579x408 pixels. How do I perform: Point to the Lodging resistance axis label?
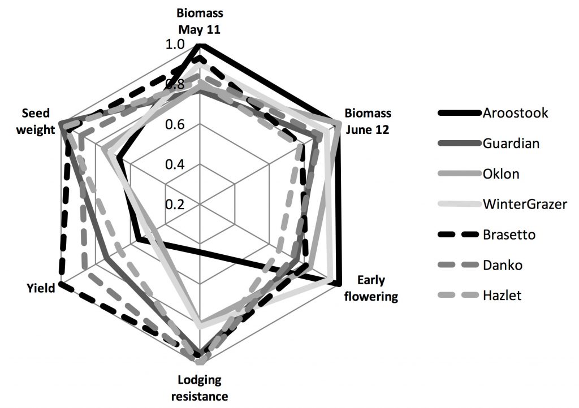pyautogui.click(x=202, y=387)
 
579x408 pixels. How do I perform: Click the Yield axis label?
pyautogui.click(x=41, y=288)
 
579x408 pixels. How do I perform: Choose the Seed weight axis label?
pyautogui.click(x=38, y=122)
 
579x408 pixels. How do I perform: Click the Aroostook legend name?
pyautogui.click(x=515, y=112)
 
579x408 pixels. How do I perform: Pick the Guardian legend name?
pyautogui.click(x=511, y=143)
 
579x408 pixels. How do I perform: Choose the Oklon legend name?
pyautogui.click(x=501, y=173)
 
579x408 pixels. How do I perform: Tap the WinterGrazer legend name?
pyautogui.click(x=524, y=204)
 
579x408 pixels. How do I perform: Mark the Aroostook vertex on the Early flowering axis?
pyautogui.click(x=338, y=282)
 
